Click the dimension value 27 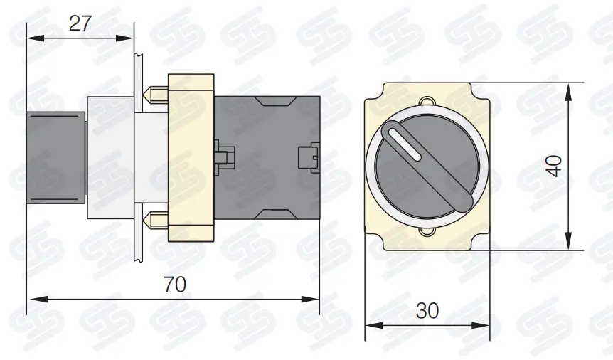pyautogui.click(x=80, y=23)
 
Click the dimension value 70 pyautogui.click(x=175, y=285)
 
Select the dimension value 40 pyautogui.click(x=555, y=166)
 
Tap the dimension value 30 pyautogui.click(x=427, y=311)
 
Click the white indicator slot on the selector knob pyautogui.click(x=405, y=144)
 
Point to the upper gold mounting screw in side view pyautogui.click(x=156, y=94)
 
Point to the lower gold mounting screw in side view pyautogui.click(x=156, y=220)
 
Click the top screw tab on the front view pyautogui.click(x=427, y=101)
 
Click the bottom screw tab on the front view pyautogui.click(x=427, y=232)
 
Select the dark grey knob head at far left pyautogui.click(x=55, y=157)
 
